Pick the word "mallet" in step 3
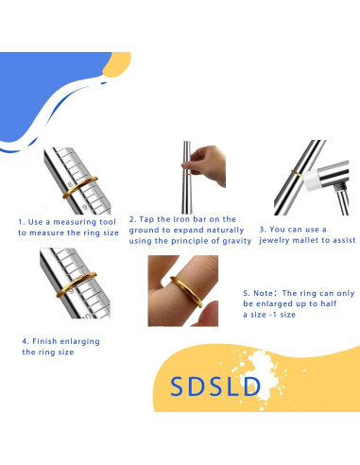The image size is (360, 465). coord(304,241)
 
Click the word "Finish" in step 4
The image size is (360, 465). coord(47,340)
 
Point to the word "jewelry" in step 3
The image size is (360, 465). coord(273,241)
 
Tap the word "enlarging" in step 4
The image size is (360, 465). coord(80,340)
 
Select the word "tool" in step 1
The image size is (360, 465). coord(99,222)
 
